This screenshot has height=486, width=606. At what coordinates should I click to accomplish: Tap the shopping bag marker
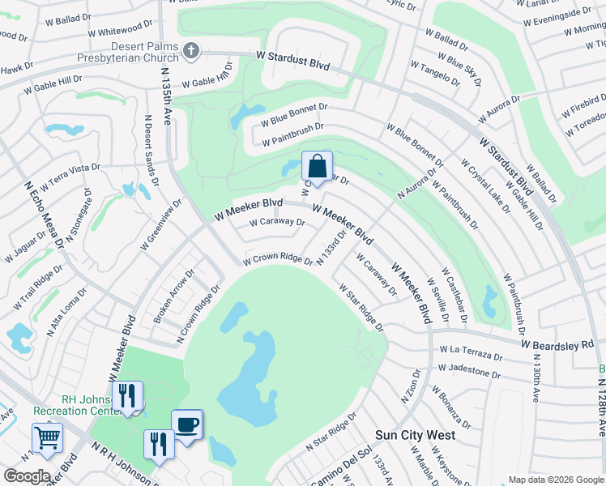pos(317,167)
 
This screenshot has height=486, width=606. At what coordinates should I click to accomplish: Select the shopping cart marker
pos(47,438)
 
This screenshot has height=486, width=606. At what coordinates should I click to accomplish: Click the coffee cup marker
pos(186,424)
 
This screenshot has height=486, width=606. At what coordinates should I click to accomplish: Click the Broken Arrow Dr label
pos(174,296)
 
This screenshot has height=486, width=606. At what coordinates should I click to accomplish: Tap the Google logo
pos(27,475)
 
